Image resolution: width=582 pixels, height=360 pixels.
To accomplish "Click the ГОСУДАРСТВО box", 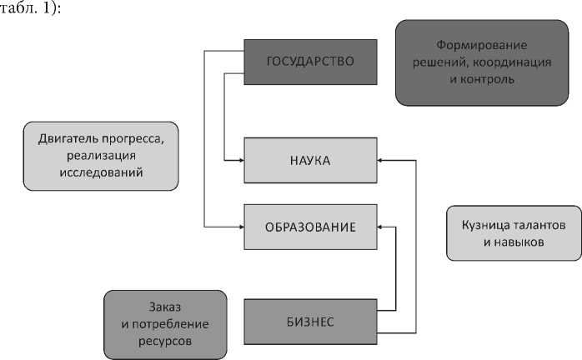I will [310, 61].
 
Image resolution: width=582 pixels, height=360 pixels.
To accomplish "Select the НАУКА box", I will [310, 160].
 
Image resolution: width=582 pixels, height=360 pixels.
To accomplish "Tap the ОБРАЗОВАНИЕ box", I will [310, 227].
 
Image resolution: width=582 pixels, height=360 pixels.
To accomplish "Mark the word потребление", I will [171, 323].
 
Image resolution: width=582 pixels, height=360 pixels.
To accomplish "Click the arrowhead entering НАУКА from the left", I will [239, 160].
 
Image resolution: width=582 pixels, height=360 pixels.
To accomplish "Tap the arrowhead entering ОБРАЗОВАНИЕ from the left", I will [239, 227].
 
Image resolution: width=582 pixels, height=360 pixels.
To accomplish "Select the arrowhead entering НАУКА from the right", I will [380, 160].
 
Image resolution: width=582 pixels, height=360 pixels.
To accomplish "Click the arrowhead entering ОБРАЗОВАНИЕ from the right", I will [380, 227].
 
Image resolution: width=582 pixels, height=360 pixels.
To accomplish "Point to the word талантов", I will [540, 226].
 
